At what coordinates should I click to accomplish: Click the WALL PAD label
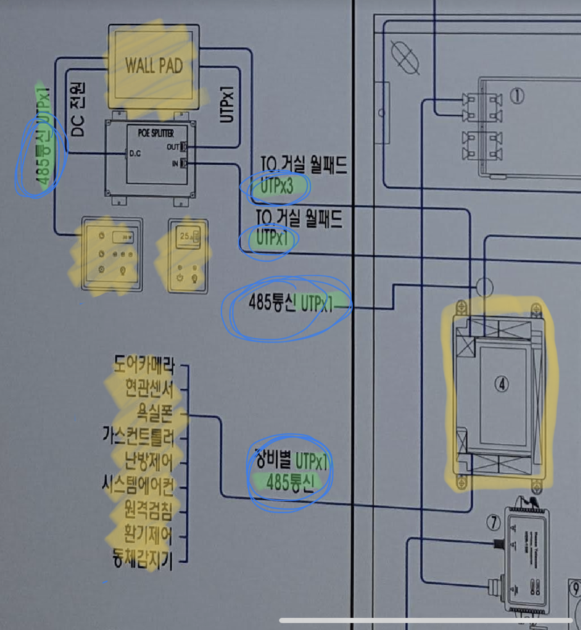click(x=154, y=66)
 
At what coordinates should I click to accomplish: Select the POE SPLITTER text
click(x=156, y=133)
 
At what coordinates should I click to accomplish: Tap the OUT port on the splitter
click(x=183, y=147)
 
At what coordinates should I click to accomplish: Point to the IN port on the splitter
click(x=183, y=163)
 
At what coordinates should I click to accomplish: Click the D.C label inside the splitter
click(x=135, y=153)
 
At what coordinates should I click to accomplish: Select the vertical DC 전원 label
click(x=77, y=109)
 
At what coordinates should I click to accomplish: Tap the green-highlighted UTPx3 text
click(x=276, y=186)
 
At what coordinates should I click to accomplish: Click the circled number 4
click(x=502, y=384)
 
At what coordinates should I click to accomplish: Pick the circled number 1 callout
click(x=517, y=96)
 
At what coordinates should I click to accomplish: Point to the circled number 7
click(x=493, y=522)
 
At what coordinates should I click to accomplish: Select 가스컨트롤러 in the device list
click(x=138, y=437)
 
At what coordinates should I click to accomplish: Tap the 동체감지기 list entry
click(x=142, y=558)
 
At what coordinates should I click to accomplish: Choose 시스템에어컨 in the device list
click(x=138, y=485)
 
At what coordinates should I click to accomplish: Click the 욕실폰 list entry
click(x=154, y=413)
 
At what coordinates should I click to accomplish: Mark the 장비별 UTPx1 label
click(x=292, y=460)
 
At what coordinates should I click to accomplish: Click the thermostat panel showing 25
click(x=188, y=256)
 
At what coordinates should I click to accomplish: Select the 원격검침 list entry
click(x=148, y=510)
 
